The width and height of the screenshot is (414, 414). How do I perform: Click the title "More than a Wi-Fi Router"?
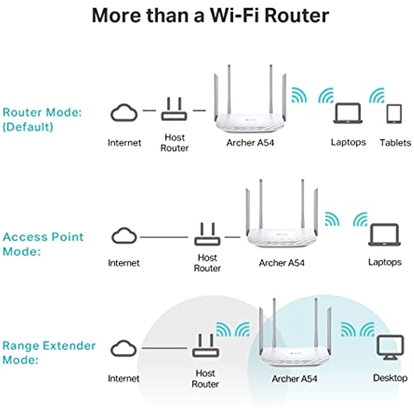[210, 16]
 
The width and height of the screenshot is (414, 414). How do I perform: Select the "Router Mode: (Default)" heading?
[42, 120]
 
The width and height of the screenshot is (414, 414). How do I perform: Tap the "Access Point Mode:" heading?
[43, 244]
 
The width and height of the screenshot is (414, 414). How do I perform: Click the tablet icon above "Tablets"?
[394, 114]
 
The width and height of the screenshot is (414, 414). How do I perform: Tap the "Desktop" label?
[390, 378]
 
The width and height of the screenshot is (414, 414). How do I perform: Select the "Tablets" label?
[395, 143]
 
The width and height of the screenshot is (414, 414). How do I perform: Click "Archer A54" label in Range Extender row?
[294, 379]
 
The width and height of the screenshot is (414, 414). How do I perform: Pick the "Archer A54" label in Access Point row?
[282, 263]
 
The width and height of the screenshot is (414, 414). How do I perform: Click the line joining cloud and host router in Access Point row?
[164, 237]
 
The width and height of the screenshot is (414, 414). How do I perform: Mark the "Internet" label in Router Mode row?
[125, 143]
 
